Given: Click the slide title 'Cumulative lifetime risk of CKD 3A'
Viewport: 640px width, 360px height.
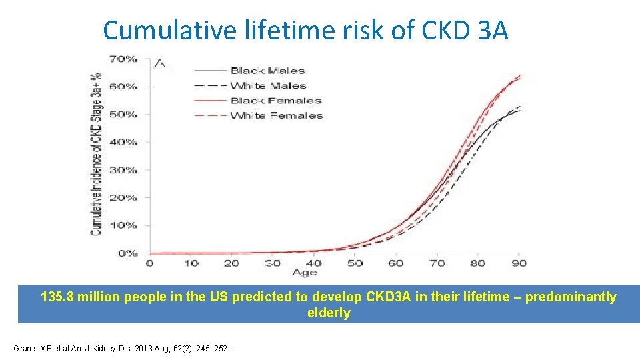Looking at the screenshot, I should pos(306,30).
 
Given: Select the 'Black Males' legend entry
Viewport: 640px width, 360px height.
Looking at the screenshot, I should pos(267,71).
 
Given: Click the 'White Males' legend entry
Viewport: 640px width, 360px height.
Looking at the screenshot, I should pos(268,85).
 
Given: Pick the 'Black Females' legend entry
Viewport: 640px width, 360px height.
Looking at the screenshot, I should pos(275,101).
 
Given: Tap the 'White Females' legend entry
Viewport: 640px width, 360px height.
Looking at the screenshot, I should pos(276,115).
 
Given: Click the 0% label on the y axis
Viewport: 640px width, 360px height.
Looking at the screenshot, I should pos(127,253).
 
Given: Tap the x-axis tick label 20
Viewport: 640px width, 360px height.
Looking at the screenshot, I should pos(231,263).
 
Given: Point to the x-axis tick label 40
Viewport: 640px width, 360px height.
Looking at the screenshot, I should pos(313,263).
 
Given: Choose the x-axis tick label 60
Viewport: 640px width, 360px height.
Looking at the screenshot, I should pos(396,263).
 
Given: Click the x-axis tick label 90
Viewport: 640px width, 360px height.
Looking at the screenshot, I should pos(519,263).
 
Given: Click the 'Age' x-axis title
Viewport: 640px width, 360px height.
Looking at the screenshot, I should pos(305,273).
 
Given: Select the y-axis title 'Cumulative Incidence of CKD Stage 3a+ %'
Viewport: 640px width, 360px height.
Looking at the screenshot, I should pos(97,153).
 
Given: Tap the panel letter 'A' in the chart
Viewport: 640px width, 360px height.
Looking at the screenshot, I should pos(159,64).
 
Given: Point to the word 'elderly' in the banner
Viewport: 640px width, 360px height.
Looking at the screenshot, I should pos(328,313).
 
